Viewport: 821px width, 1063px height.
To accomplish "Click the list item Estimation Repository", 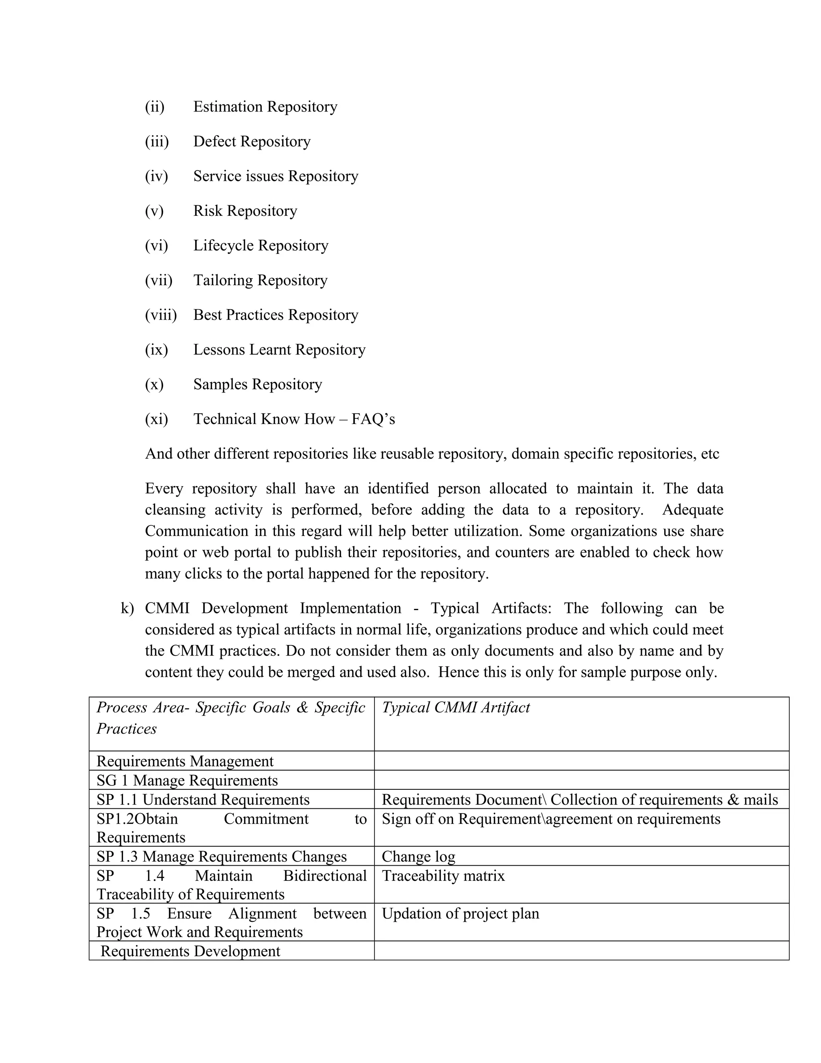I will pyautogui.click(x=265, y=107).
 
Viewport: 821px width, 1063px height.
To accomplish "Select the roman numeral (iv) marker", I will pyautogui.click(x=156, y=176).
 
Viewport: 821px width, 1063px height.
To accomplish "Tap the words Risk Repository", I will pyautogui.click(x=245, y=211).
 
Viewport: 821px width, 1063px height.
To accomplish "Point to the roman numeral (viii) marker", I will pyautogui.click(x=160, y=315).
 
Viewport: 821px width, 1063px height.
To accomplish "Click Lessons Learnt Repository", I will pyautogui.click(x=279, y=349).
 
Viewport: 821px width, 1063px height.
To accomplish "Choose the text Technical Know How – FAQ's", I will pyautogui.click(x=294, y=419).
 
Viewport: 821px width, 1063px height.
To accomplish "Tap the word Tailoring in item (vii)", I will pyautogui.click(x=223, y=280).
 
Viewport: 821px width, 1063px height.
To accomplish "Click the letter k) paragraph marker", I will pyautogui.click(x=127, y=609).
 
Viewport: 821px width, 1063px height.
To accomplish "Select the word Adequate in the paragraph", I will pyautogui.click(x=693, y=509).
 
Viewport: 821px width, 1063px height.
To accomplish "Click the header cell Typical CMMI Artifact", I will pyautogui.click(x=456, y=707).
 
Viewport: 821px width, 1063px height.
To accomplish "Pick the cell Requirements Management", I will pyautogui.click(x=185, y=761).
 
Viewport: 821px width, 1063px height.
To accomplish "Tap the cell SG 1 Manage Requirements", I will pyautogui.click(x=187, y=780).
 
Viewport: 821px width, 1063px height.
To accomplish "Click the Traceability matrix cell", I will pyautogui.click(x=443, y=876).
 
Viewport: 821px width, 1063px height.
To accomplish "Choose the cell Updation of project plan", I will pyautogui.click(x=460, y=913).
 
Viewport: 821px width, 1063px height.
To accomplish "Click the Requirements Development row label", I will pyautogui.click(x=190, y=951).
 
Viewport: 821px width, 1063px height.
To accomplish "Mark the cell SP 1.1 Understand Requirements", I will pyautogui.click(x=203, y=800).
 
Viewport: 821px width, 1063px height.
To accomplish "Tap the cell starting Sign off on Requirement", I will pyautogui.click(x=550, y=819).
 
